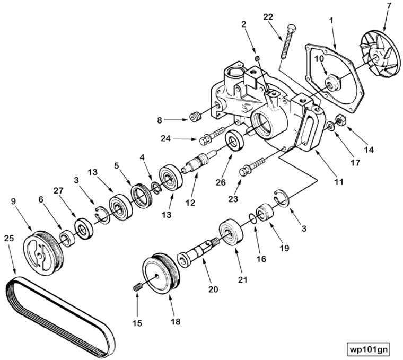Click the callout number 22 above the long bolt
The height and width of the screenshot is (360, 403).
[x=268, y=17]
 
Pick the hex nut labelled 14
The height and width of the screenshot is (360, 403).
[x=341, y=121]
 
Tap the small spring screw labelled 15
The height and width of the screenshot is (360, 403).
[x=138, y=287]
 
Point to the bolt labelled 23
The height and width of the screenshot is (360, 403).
[x=252, y=165]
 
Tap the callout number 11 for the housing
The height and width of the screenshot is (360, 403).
[x=339, y=181]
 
